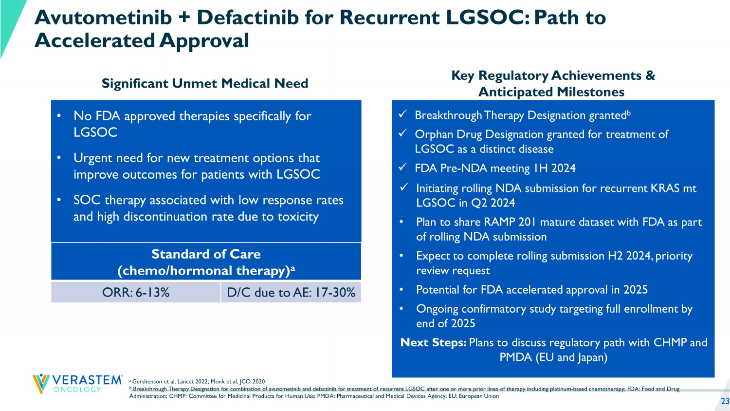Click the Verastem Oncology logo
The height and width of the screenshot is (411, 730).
coord(77,384)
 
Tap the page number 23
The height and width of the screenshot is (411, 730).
coord(725,401)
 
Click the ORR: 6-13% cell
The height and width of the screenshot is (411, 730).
coord(136,293)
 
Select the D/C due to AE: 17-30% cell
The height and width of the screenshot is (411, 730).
coord(291,293)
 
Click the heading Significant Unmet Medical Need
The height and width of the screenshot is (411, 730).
coord(204,83)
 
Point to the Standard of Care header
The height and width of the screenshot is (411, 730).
coord(206,262)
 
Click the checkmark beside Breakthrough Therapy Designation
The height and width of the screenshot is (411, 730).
coord(403,114)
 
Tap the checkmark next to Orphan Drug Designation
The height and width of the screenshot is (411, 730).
coord(403,133)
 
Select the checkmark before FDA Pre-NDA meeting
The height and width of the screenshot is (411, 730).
coord(403,168)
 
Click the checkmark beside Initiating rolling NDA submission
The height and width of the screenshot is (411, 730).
coord(404,187)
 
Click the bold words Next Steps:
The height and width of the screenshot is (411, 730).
coord(433,343)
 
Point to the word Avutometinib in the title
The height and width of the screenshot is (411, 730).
coord(103,18)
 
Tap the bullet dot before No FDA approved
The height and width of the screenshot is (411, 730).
coord(59,116)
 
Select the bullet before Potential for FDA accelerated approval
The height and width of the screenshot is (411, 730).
coord(401,290)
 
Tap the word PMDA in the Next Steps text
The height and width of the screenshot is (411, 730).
coord(516,357)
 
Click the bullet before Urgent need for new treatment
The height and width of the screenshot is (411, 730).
coord(59,158)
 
